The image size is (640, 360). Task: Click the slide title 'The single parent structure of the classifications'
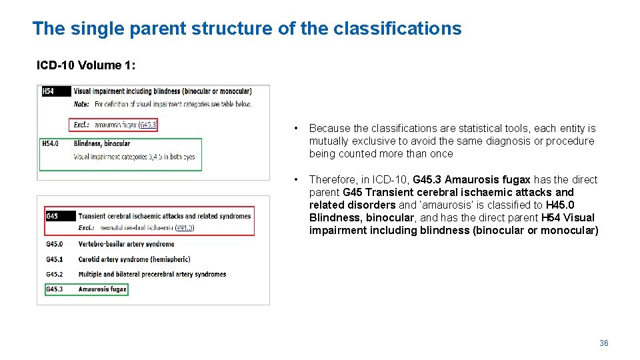[247, 29]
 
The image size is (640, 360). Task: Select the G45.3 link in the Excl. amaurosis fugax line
[147, 125]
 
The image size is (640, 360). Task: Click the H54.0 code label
[51, 143]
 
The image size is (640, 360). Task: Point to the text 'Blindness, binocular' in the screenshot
[102, 143]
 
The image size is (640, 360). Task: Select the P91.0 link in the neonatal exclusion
[184, 228]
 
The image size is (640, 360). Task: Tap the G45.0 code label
[54, 245]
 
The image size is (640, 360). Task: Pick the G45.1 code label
[54, 259]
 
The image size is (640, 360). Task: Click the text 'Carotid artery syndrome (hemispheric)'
[134, 259]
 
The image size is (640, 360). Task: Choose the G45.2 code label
[54, 274]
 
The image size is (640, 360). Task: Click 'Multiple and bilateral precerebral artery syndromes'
[152, 274]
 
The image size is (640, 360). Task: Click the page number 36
[603, 343]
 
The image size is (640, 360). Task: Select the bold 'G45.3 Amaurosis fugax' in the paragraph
[471, 179]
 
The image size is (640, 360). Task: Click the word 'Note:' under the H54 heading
[81, 104]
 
